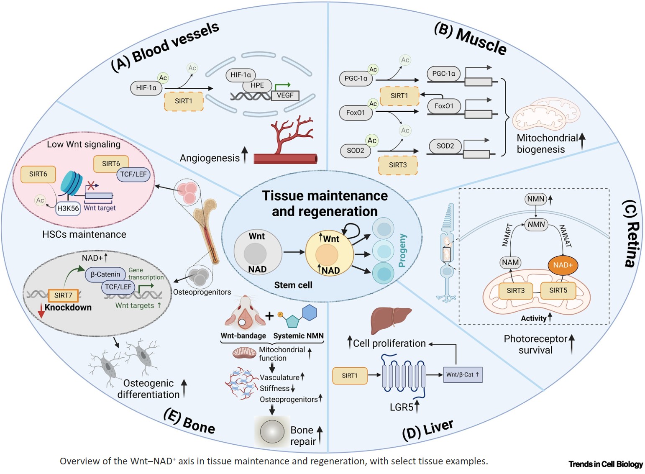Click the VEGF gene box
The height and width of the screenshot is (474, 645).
tap(285, 95)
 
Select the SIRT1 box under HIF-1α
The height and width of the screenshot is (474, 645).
tap(184, 101)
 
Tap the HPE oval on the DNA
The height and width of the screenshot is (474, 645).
tap(257, 85)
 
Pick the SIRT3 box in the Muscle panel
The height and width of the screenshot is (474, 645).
tap(397, 165)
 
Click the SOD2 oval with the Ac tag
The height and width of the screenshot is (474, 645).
tap(356, 150)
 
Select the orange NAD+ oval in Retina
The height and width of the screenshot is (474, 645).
tap(563, 265)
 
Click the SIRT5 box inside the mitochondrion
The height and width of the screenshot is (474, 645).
tap(558, 290)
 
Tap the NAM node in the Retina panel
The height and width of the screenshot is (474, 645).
tap(510, 262)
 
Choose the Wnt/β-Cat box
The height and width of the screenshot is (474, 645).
tap(462, 374)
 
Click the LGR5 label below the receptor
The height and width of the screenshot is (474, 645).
tap(402, 407)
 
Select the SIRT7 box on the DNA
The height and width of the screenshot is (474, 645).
tap(63, 295)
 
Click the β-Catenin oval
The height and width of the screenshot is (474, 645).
tap(105, 274)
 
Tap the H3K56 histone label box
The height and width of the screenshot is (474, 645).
tap(68, 208)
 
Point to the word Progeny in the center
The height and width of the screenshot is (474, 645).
tap(402, 251)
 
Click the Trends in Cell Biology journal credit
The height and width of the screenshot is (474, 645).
tap(605, 464)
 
